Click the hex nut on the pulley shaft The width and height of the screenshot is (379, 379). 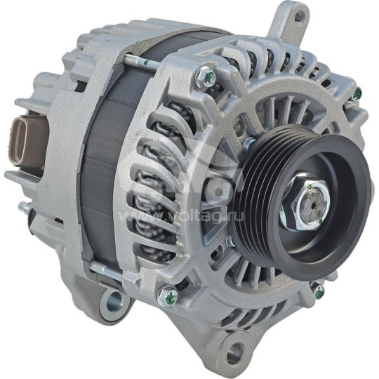[302, 208]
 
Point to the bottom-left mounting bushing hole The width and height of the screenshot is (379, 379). [112, 303]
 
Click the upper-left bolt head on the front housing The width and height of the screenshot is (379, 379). [206, 76]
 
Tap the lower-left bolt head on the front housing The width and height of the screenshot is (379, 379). [166, 297]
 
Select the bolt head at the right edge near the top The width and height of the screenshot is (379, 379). [357, 93]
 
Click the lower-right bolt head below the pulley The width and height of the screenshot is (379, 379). [319, 291]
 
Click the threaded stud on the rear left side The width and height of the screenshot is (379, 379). [25, 208]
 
